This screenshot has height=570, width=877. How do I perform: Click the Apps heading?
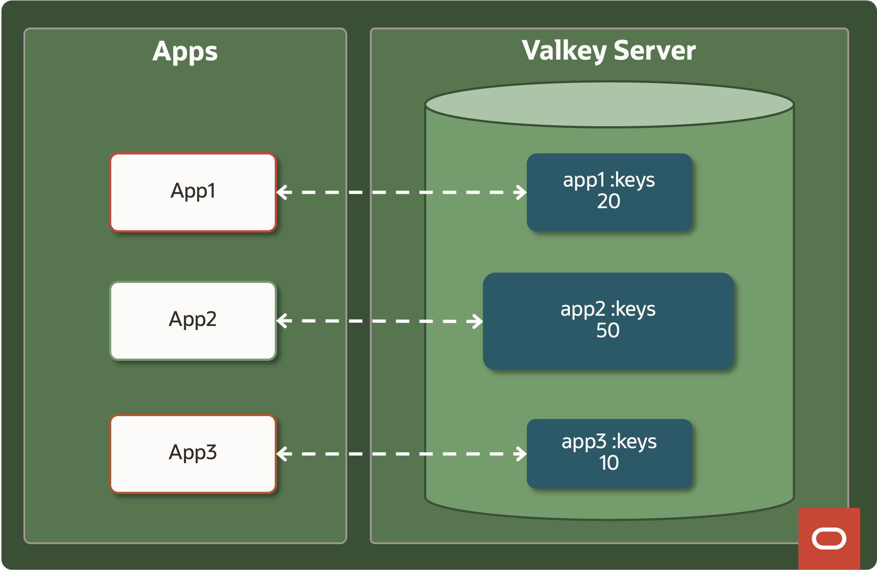185,52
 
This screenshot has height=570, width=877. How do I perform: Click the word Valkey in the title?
563,51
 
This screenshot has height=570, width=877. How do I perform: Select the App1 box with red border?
193,192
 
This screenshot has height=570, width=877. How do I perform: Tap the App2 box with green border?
193,320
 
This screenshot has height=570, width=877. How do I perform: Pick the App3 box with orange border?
193,454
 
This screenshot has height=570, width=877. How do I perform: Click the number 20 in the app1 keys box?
608,202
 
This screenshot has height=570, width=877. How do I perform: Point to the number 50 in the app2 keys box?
608,330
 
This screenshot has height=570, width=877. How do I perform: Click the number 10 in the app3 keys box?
608,463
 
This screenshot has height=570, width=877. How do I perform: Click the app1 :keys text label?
608,180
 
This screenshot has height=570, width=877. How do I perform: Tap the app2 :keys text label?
608,309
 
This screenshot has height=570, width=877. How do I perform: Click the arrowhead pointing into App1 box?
282,192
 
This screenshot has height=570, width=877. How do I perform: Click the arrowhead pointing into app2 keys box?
477,321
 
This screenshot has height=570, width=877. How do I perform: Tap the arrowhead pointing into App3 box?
282,454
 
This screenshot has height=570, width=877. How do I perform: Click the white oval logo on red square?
829,538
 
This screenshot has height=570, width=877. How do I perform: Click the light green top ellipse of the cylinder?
609,104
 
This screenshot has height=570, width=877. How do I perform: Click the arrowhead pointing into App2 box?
282,320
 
